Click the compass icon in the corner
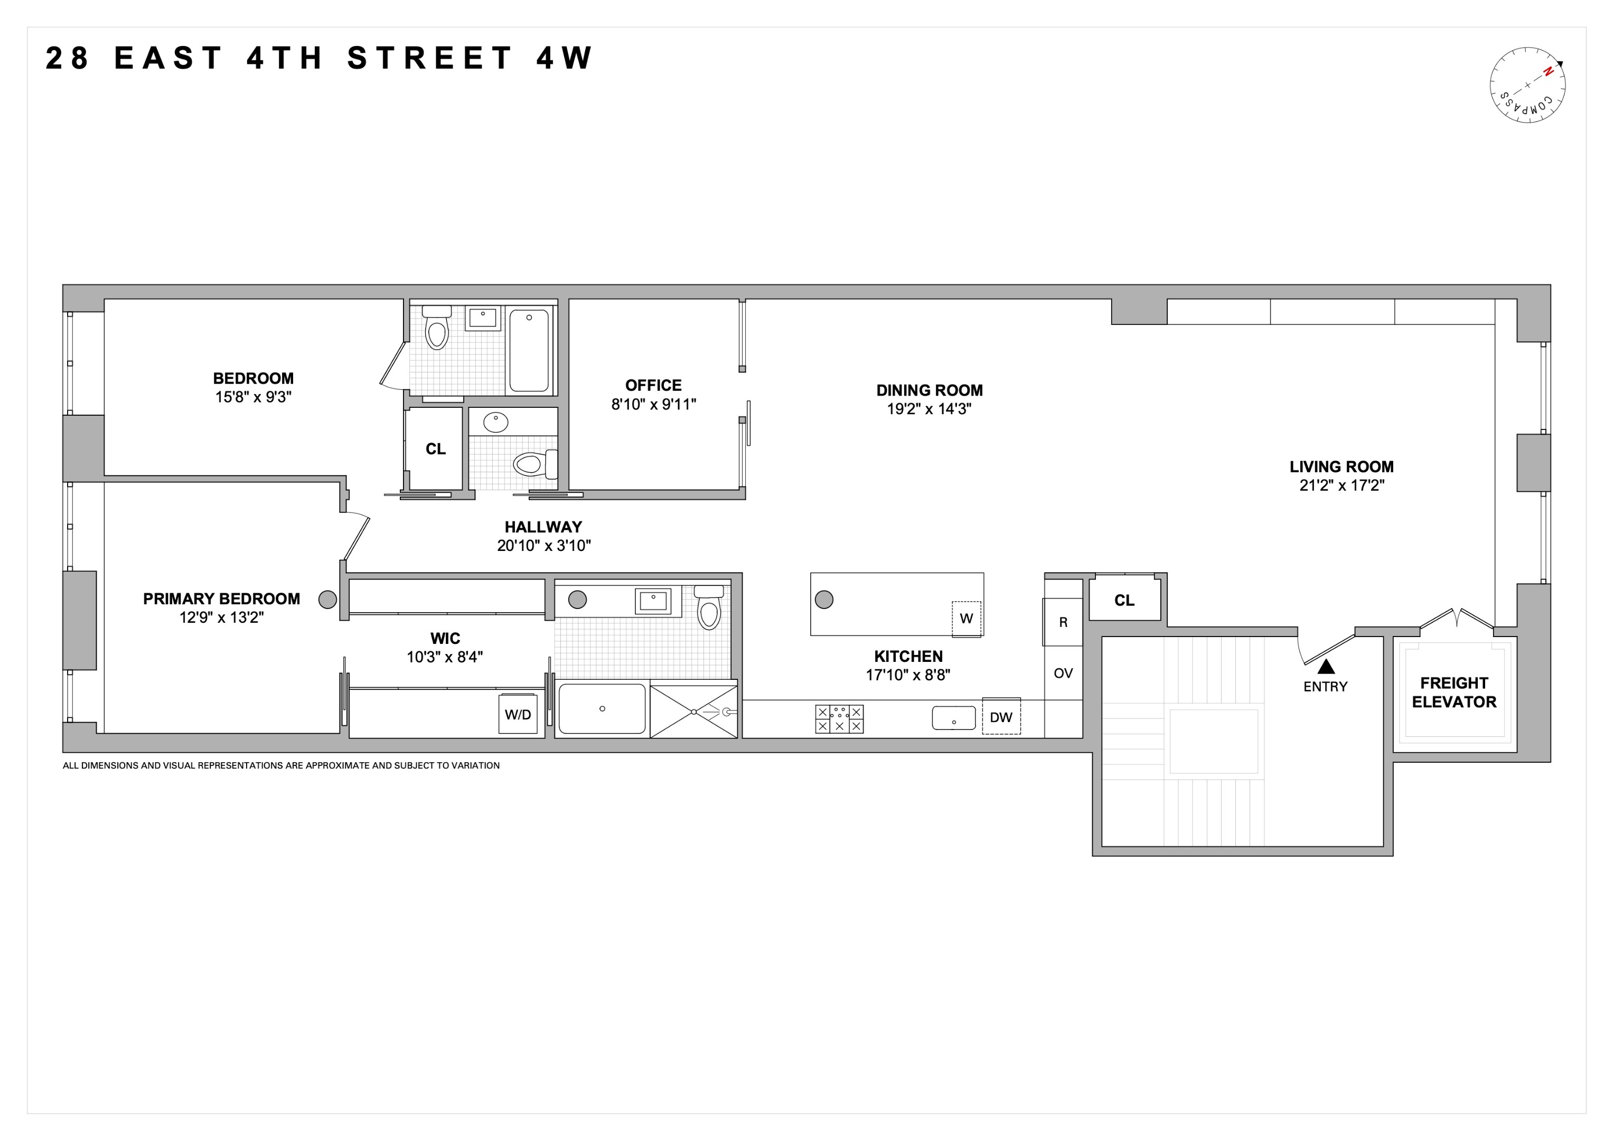[x=1527, y=85]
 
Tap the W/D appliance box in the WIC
[x=518, y=714]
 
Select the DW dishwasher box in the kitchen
[x=1001, y=716]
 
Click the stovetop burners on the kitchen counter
[x=839, y=718]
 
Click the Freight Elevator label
[x=1454, y=693]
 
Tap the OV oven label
[x=1063, y=674]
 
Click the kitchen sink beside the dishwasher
[x=953, y=718]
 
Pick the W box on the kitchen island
[x=966, y=619]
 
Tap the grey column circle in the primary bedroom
[x=327, y=600]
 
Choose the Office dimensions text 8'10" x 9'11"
[x=653, y=404]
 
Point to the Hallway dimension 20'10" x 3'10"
[x=543, y=546]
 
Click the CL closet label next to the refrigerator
[x=1124, y=600]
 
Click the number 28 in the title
[x=68, y=58]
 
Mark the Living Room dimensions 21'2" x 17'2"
[x=1341, y=485]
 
